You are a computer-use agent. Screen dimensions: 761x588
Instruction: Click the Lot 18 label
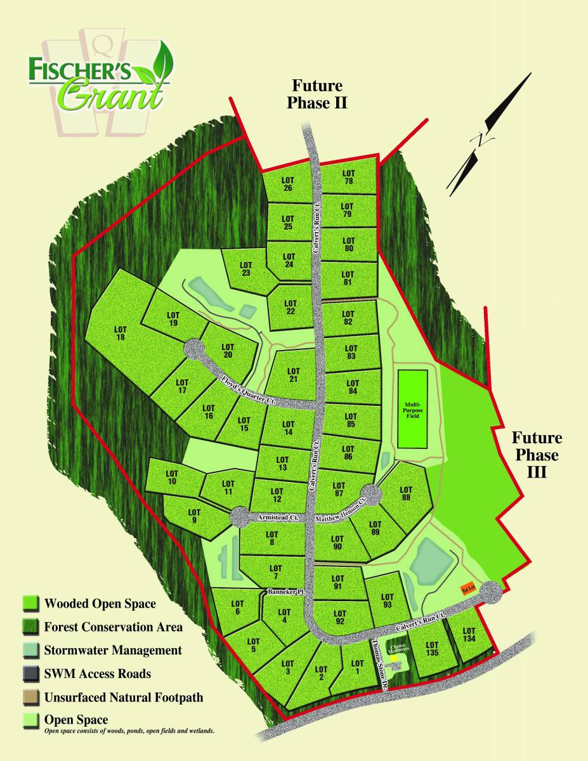coord(121,333)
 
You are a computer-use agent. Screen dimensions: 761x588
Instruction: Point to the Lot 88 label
coord(406,494)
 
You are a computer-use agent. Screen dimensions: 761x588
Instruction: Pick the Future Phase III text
coord(537,455)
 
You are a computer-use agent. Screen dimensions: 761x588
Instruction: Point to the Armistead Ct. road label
coord(278,517)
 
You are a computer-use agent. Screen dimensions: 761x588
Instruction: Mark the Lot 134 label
coord(469,634)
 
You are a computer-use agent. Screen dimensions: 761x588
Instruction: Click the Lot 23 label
coord(246,268)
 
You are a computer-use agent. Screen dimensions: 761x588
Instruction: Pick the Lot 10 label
coord(171,477)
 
